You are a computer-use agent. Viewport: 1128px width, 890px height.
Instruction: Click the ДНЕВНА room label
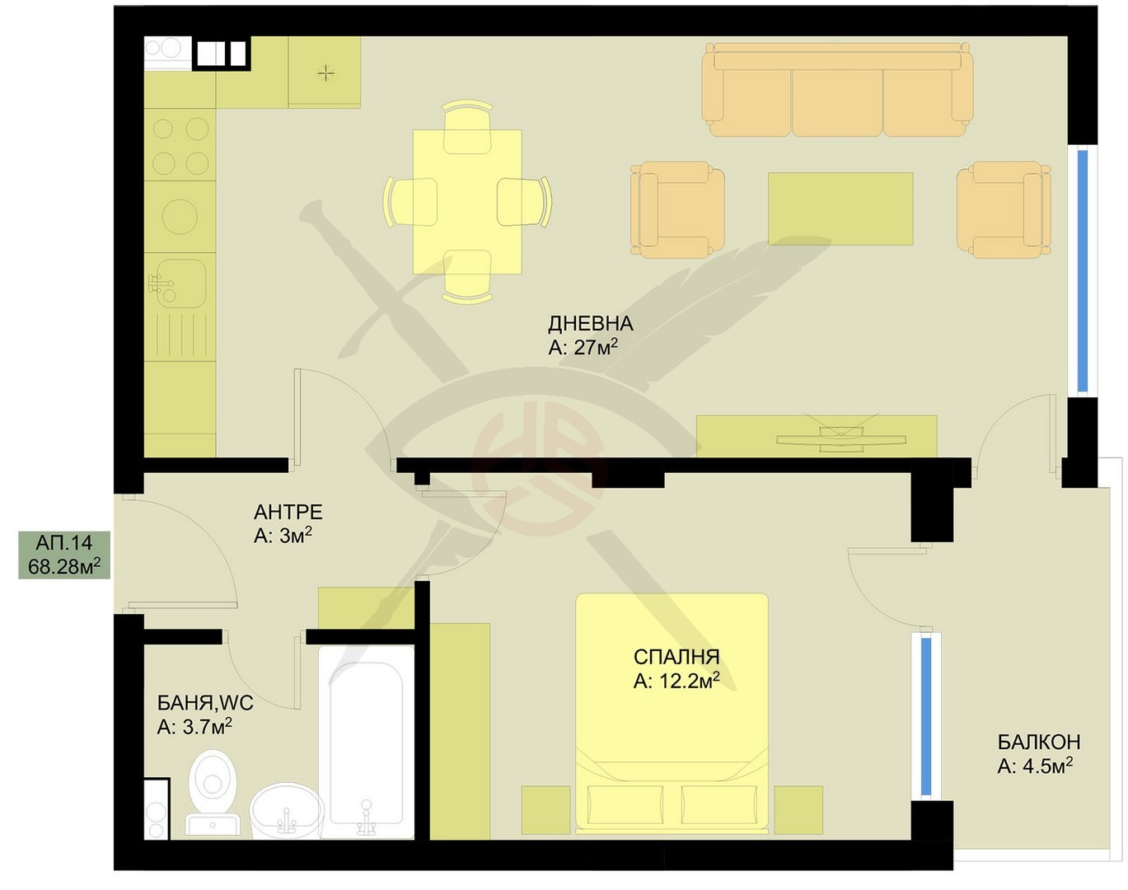click(591, 324)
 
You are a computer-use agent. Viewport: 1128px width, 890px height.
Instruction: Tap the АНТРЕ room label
click(288, 512)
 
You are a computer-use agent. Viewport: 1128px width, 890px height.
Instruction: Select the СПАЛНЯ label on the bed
click(676, 657)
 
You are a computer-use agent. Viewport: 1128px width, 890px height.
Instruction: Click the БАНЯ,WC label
click(205, 703)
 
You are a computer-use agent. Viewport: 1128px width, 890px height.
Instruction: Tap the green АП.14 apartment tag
click(64, 555)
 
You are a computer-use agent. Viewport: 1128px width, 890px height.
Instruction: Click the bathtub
click(366, 742)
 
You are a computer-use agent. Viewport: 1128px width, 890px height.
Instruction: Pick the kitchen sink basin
click(180, 283)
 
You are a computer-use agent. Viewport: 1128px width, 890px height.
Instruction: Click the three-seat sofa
click(838, 90)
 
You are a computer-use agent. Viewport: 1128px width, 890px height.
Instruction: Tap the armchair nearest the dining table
click(677, 209)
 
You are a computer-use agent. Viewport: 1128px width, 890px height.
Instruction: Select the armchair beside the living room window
click(1004, 209)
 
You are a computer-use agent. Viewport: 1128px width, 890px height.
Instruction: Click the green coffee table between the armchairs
click(840, 208)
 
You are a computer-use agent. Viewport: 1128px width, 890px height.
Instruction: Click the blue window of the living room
click(1083, 271)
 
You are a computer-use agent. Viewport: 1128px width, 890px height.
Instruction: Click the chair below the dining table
click(467, 276)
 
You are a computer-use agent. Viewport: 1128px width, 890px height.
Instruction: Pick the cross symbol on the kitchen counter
click(325, 73)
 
